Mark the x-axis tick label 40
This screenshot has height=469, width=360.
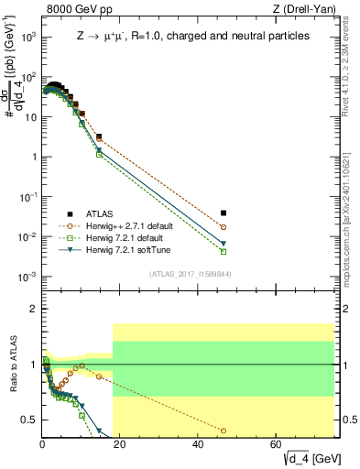[199, 444]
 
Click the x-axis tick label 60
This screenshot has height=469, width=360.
[277, 444]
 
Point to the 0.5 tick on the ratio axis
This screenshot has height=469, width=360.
[31, 420]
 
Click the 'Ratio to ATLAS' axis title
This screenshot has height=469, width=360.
[13, 366]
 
